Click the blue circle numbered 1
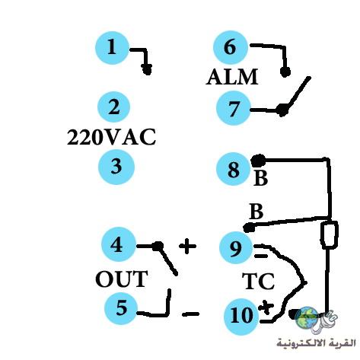pos(113,48)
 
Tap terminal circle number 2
pos(114,107)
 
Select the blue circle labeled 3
pos(116,167)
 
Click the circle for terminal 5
pos(121,307)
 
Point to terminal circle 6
pos(231,47)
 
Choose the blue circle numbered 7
pos(234,108)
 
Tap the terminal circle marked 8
pos(234,169)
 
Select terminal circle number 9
pos(236,248)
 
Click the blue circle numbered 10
pos(241,316)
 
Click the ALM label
pos(232,77)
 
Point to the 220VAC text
pos(111,137)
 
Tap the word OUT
pos(122,279)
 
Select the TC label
pos(258,281)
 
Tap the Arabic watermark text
pos(317,343)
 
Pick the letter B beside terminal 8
pos(260,178)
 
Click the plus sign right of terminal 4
pos(187,246)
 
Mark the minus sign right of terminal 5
pos(190,314)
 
